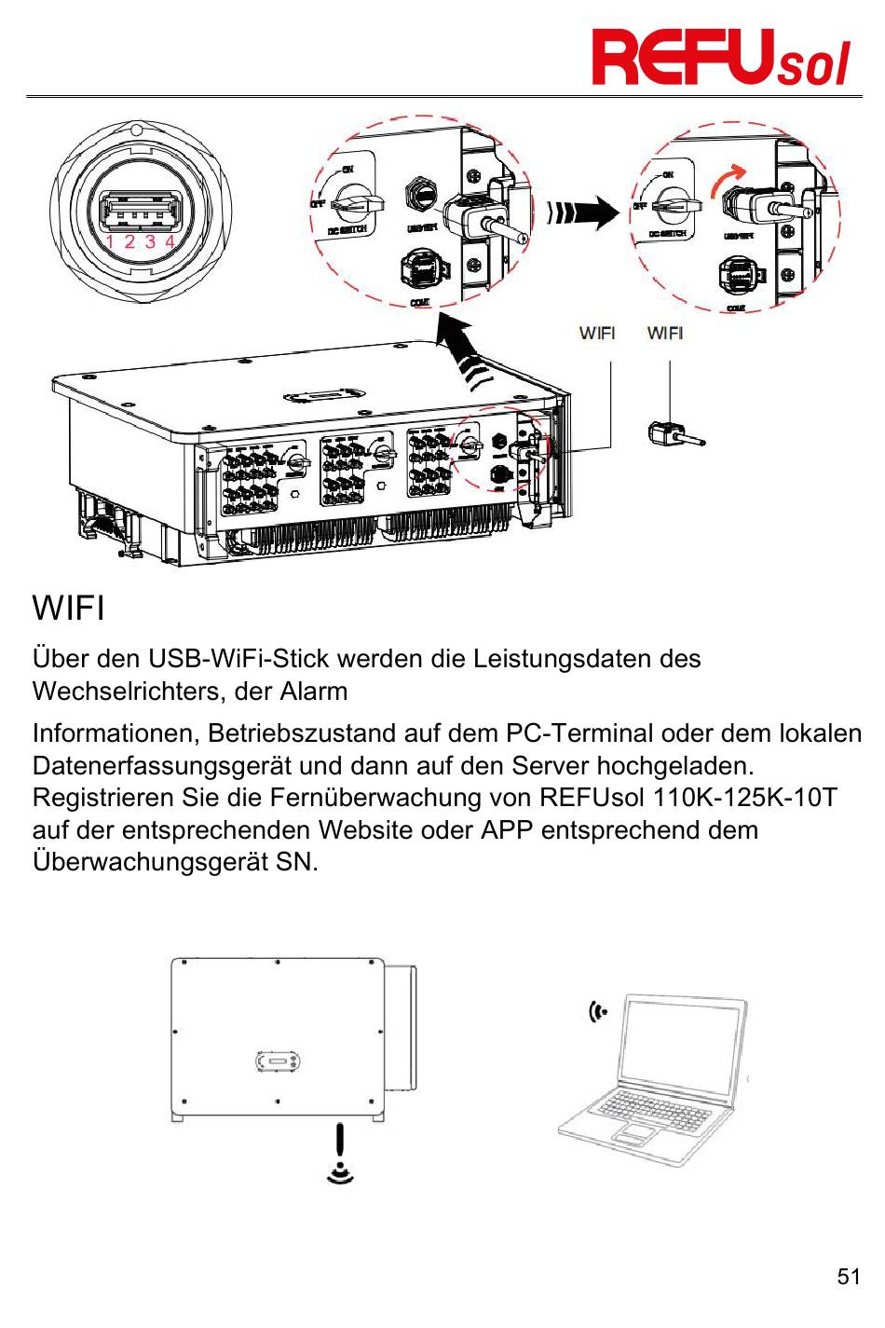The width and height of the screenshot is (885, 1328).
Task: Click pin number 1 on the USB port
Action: tap(109, 241)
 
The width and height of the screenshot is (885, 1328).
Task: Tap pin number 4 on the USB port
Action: tap(170, 241)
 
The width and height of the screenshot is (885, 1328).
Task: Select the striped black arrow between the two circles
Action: tap(582, 212)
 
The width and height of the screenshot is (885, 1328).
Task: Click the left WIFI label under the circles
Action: tap(597, 333)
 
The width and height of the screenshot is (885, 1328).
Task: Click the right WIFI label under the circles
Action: tap(665, 333)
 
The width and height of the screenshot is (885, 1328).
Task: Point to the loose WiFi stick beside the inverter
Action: tap(674, 433)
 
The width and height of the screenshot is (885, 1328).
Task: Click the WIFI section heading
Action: tap(68, 609)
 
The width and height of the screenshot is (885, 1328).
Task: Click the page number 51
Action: tap(849, 1277)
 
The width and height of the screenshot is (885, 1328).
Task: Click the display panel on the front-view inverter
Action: tap(278, 1061)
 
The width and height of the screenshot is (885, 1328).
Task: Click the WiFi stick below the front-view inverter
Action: tap(340, 1142)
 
